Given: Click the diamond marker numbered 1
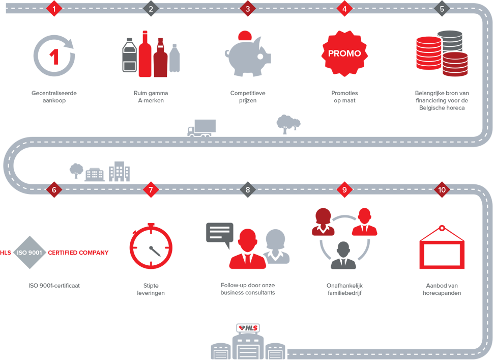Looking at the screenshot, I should coord(54,9).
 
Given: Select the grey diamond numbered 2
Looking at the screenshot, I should coord(151,9).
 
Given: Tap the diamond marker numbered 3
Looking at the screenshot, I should coord(248,9).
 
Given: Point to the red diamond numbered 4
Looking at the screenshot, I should coord(344,9).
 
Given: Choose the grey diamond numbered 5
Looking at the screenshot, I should coord(441,9).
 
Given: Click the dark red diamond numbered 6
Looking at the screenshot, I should coord(54,189).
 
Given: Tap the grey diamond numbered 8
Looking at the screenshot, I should coord(248,189).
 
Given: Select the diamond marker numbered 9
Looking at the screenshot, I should coord(344,189).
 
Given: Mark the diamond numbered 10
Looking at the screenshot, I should coord(441,189).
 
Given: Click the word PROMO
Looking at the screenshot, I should coord(344,53).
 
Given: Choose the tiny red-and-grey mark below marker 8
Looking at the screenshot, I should coord(248,328).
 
